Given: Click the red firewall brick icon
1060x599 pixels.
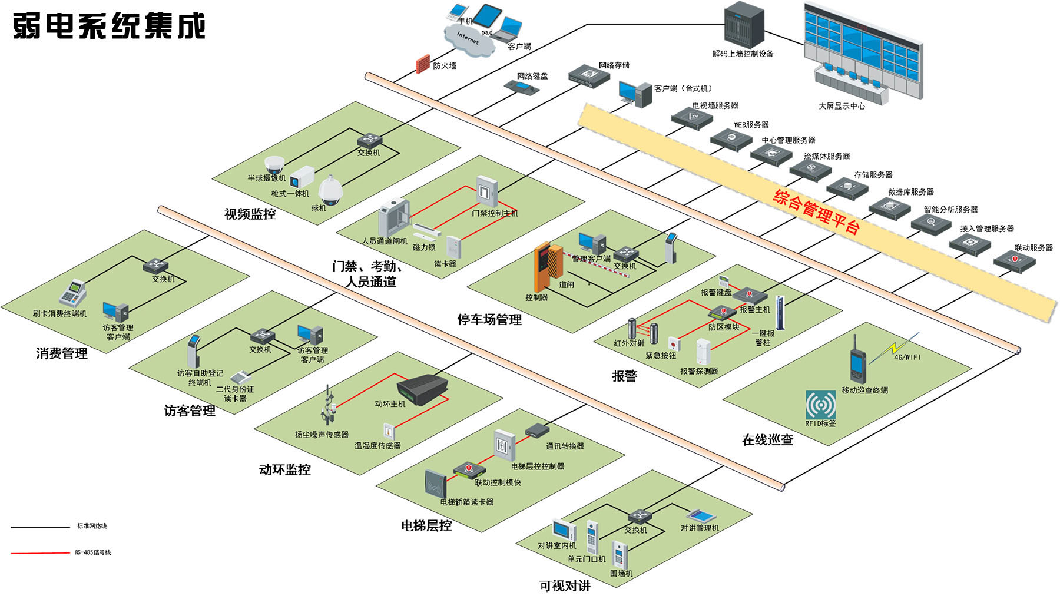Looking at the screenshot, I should (x=422, y=64).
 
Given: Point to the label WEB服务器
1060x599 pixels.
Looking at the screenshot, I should (x=751, y=125).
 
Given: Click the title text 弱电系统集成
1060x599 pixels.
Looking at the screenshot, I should (x=109, y=26).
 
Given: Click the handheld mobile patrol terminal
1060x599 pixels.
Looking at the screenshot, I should (x=856, y=359).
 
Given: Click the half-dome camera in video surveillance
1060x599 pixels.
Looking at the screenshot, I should (x=274, y=164).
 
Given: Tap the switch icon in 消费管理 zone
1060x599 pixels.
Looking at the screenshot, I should (x=155, y=266).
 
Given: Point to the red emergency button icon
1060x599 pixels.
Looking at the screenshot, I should (x=673, y=343).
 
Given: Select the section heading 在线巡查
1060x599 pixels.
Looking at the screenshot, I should (x=767, y=439).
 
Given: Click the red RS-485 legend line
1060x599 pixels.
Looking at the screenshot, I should (x=40, y=552).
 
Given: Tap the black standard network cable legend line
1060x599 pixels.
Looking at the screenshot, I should (x=40, y=527).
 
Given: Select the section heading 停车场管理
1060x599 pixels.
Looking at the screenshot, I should (x=489, y=320).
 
